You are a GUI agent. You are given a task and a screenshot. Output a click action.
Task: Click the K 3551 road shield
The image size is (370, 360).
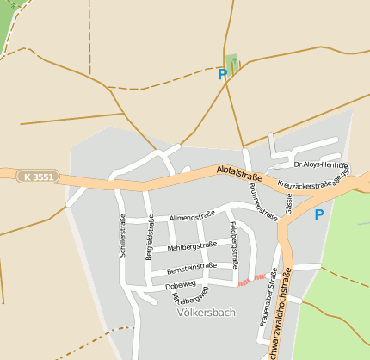coord(38,177)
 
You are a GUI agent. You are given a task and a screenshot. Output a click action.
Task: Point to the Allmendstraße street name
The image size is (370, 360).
coord(192,216)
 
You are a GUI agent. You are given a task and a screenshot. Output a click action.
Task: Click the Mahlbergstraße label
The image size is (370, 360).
coord(192,246)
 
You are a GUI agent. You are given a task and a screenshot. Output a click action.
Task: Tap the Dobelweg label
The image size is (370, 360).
coord(181,284)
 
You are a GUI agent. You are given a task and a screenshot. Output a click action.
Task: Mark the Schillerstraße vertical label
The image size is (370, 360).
coord(122,236)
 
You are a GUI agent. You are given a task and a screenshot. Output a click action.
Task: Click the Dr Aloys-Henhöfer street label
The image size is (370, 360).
coord(320,164)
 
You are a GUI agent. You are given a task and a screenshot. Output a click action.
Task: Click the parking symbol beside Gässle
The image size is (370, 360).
coord(318,214)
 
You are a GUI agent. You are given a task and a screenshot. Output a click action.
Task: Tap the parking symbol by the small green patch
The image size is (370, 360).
coord(223,74)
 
